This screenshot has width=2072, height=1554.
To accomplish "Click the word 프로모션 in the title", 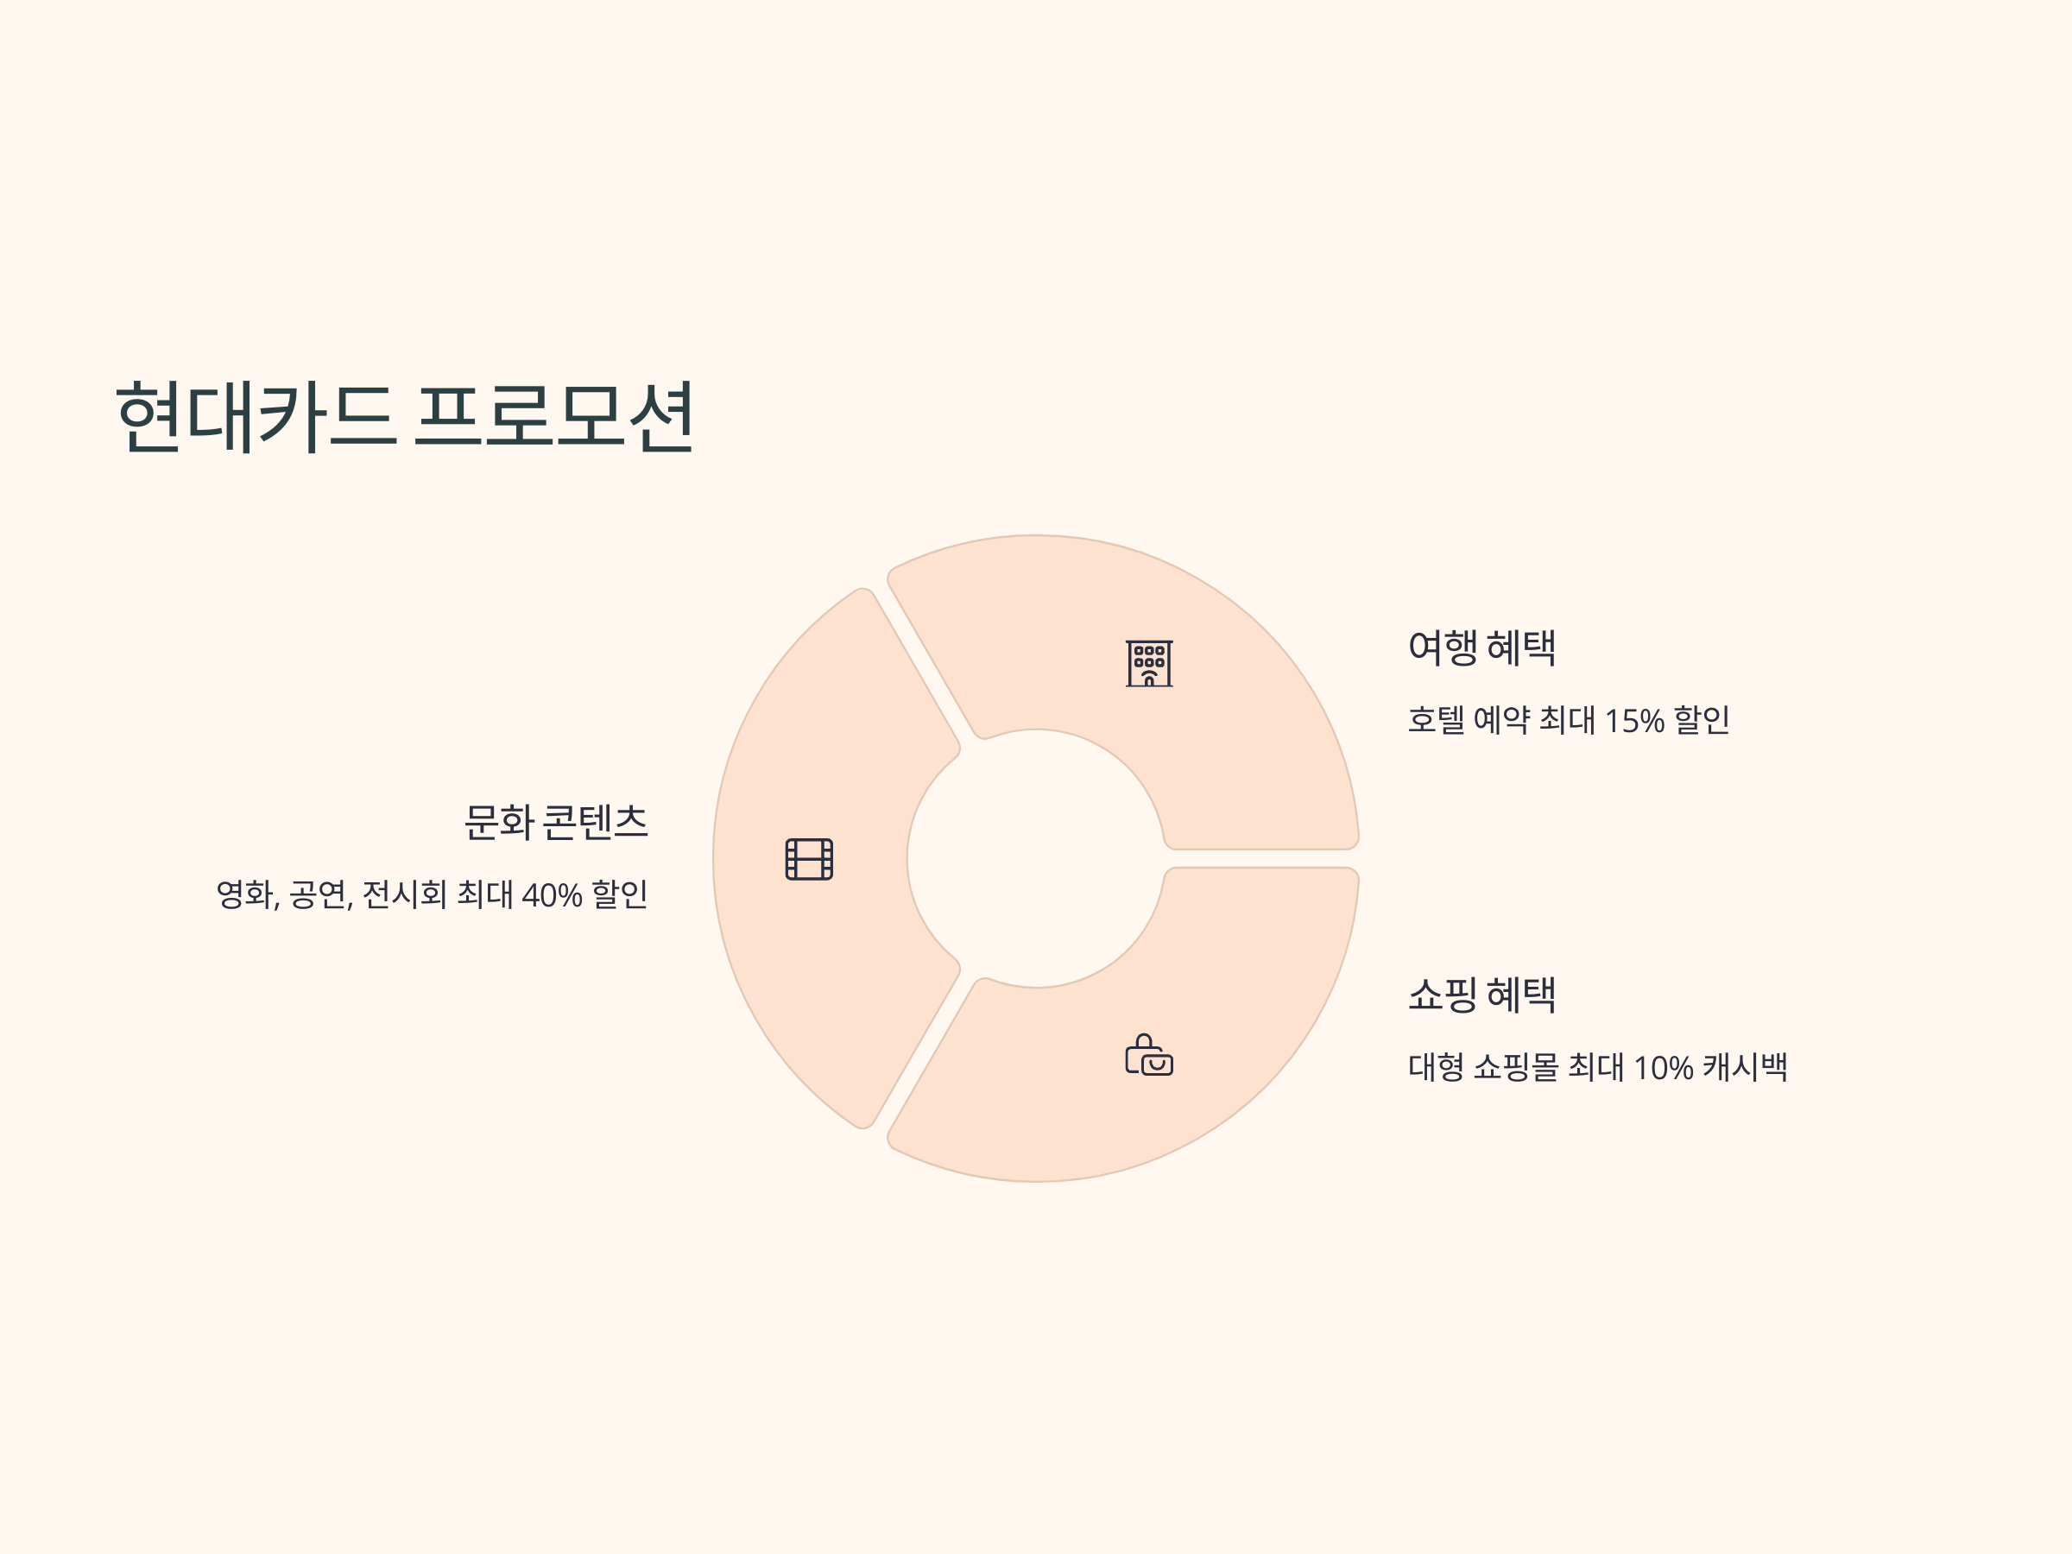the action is (x=553, y=417).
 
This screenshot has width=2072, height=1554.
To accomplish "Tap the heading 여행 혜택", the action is (x=1481, y=648).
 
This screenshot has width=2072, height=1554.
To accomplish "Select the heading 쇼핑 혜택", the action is (x=1481, y=995).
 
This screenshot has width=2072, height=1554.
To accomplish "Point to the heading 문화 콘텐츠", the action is (x=555, y=823).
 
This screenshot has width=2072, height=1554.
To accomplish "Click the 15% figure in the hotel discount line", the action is (x=1634, y=721).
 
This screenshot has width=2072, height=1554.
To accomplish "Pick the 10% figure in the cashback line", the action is (x=1663, y=1068).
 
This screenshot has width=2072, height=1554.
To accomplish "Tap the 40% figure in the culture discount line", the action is (x=552, y=895).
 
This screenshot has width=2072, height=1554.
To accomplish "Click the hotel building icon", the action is (x=1149, y=664).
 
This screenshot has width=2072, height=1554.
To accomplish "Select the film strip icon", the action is (x=809, y=859).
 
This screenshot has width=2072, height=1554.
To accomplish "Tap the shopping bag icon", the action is (x=1149, y=1055).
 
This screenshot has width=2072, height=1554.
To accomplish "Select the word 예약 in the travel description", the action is (x=1501, y=720).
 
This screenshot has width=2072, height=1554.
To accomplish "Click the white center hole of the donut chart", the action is (x=1036, y=858).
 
